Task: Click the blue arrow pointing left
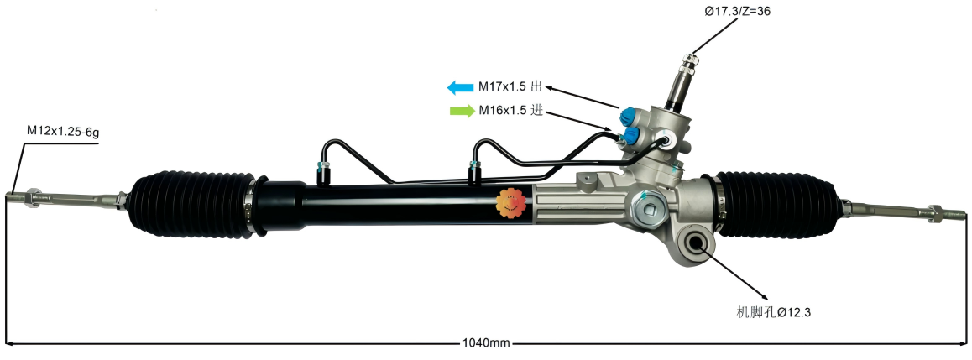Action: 461,87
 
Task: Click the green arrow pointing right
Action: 462,111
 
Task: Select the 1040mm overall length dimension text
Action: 486,343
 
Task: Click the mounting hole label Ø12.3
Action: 773,312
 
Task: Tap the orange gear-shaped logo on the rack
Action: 510,204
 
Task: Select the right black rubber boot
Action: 778,204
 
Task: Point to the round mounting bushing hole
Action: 696,245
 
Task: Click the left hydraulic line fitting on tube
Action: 323,168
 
